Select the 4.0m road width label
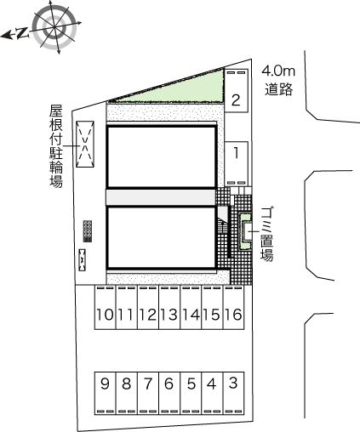[278, 71]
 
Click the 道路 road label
[278, 89]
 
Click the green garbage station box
[245, 230]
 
